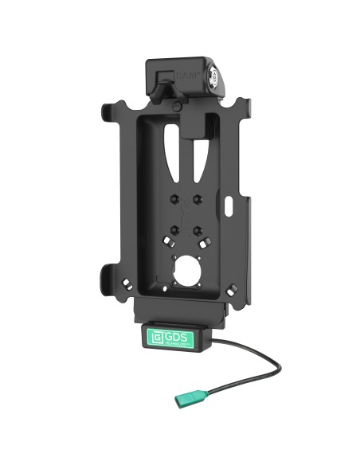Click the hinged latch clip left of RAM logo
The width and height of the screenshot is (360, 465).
click(164, 80)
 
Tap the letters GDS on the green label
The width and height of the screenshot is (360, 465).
click(173, 328)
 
